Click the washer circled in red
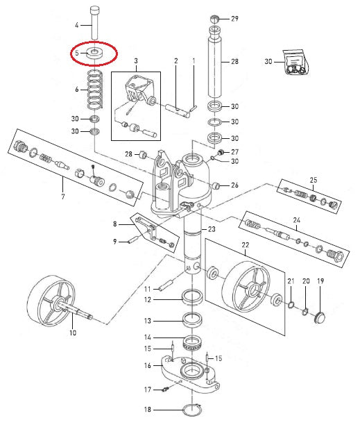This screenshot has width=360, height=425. click(x=94, y=53)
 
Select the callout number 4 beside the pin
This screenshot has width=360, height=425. click(x=76, y=25)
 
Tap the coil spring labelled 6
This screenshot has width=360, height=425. click(x=95, y=89)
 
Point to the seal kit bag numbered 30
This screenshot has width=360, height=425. click(x=295, y=62)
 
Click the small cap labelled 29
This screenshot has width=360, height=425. click(x=214, y=19)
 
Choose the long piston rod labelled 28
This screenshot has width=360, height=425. click(x=214, y=62)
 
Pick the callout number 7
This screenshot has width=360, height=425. click(x=63, y=197)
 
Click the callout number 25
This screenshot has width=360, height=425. click(x=314, y=180)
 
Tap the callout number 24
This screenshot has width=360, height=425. click(x=297, y=220)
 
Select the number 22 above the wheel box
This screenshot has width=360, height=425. click(x=246, y=245)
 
